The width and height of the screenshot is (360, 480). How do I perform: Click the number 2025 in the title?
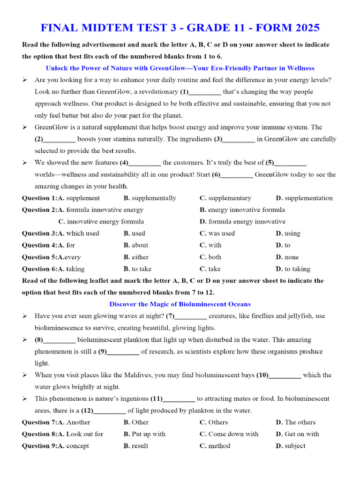[302, 28]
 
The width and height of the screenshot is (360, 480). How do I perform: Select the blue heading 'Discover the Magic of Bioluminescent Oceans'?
[180, 304]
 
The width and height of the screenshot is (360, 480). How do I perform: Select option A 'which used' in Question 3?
[82, 233]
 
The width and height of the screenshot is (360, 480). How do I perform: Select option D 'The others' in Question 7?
[300, 422]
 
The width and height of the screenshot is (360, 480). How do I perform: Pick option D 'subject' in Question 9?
[294, 446]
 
